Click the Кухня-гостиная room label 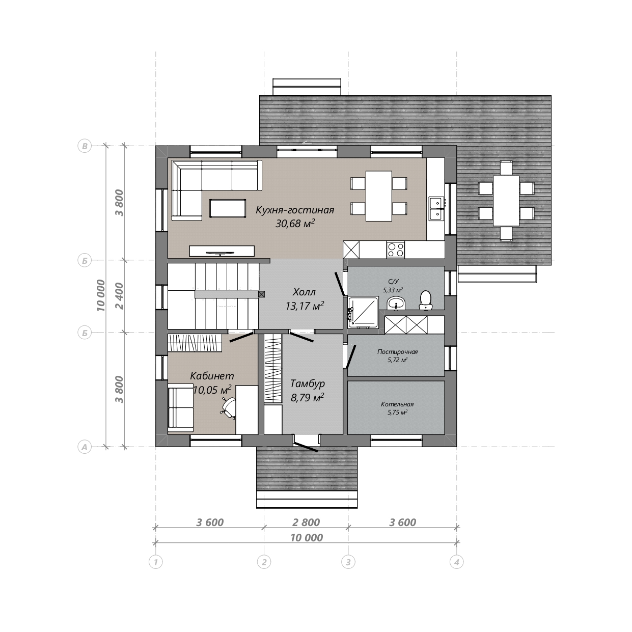(295, 210)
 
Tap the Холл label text (304, 292)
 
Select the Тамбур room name (307, 383)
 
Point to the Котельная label (397, 404)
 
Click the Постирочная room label (398, 352)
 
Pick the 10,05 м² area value (212, 390)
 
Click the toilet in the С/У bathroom (426, 300)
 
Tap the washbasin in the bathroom (396, 303)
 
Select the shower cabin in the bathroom (363, 312)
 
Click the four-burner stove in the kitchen (395, 250)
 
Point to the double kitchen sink (436, 208)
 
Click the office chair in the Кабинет (228, 407)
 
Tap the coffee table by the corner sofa (228, 208)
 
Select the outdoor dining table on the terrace (506, 201)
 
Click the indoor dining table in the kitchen (379, 196)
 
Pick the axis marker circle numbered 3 (348, 562)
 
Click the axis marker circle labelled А (85, 447)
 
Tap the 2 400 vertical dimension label (120, 296)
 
